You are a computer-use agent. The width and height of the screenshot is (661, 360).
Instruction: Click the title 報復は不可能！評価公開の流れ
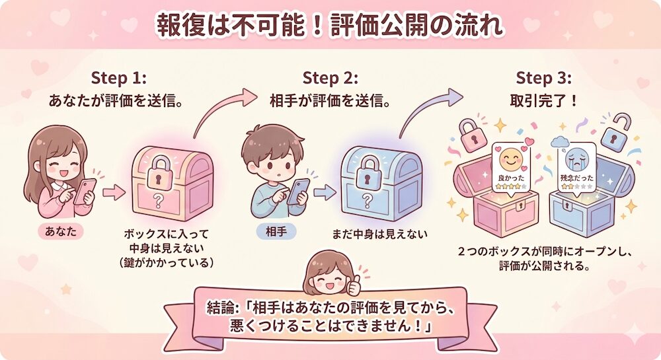pyautogui.click(x=330, y=25)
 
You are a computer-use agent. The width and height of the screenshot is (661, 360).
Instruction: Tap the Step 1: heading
pyautogui.click(x=118, y=77)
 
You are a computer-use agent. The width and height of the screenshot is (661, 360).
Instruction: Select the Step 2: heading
pyautogui.click(x=330, y=77)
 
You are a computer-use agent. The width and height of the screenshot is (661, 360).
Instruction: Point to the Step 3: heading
pyautogui.click(x=542, y=77)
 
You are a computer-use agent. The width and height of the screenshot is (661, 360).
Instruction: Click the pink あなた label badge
pyautogui.click(x=60, y=232)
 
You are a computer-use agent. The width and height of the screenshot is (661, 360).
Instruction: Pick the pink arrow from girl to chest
pyautogui.click(x=114, y=193)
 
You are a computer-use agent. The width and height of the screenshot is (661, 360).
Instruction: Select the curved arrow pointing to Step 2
pyautogui.click(x=225, y=109)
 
